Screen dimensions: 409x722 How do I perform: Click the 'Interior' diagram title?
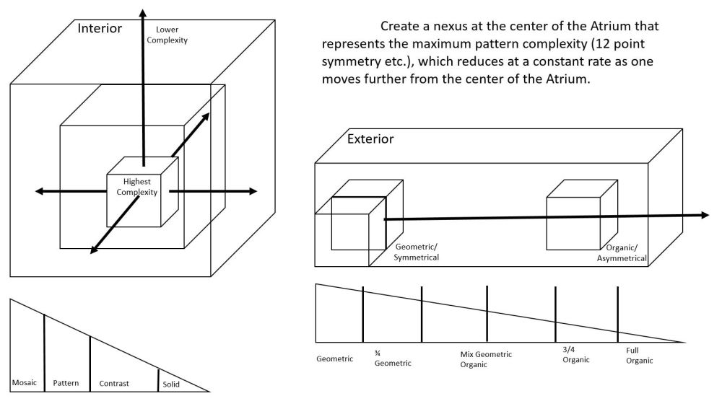(100, 28)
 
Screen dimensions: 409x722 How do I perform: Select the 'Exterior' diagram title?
(370, 138)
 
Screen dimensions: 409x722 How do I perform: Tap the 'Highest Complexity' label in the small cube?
(136, 187)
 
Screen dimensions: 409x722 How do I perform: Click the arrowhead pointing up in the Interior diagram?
(143, 14)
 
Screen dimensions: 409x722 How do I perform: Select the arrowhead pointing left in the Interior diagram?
(41, 191)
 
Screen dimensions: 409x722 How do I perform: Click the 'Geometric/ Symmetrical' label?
(417, 252)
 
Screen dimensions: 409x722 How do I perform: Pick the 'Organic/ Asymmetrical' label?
(622, 252)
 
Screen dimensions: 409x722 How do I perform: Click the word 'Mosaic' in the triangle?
(25, 382)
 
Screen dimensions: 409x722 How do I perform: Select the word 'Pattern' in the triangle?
(66, 383)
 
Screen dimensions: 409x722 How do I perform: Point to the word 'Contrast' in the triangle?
(114, 384)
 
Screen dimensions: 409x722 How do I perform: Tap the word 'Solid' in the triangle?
(171, 384)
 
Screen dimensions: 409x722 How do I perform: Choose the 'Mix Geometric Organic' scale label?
(485, 359)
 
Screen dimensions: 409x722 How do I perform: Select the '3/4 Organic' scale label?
(575, 354)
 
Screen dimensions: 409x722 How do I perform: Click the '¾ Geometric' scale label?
(392, 358)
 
